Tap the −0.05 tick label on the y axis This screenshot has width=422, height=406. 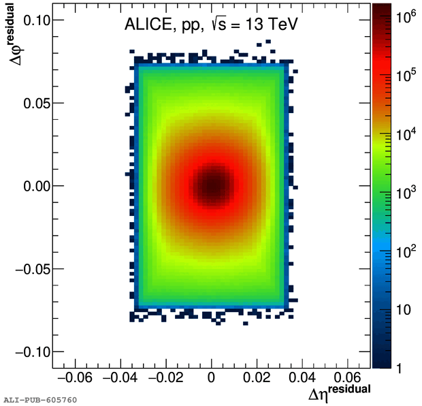pyautogui.click(x=27, y=268)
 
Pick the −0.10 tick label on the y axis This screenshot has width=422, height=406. pyautogui.click(x=27, y=352)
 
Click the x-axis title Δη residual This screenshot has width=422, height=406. pyautogui.click(x=339, y=393)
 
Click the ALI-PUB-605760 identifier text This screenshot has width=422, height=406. pyautogui.click(x=40, y=399)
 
